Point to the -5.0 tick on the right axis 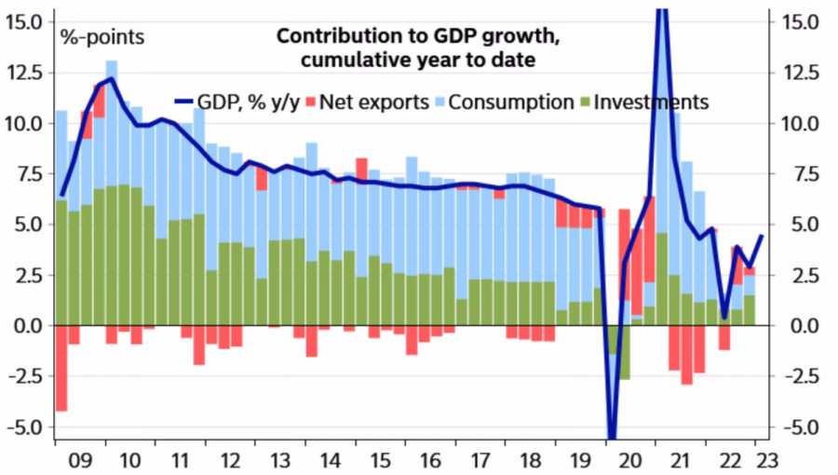tap(799, 427)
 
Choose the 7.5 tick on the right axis tap(799, 174)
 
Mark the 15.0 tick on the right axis tap(799, 20)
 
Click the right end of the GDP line tap(763, 236)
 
